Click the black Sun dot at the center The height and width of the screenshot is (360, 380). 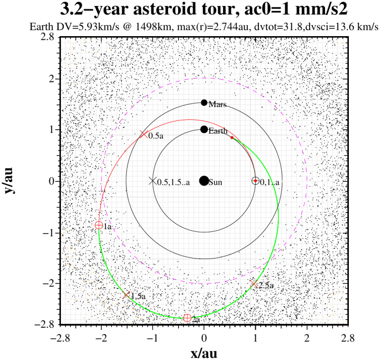coord(204,181)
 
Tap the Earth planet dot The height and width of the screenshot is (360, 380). coord(204,129)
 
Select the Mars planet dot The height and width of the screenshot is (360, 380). coord(204,103)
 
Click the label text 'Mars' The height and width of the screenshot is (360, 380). coord(218,104)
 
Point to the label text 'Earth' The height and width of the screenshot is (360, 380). coord(218,131)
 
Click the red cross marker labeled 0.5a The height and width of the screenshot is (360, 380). coord(143,134)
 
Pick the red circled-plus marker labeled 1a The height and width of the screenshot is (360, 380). coord(99,225)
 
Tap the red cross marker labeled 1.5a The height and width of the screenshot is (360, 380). coord(126,295)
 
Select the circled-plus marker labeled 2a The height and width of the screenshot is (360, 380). coord(187,318)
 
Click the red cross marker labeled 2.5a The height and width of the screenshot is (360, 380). coord(253,284)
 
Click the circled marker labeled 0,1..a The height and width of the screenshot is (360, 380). coord(255,181)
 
